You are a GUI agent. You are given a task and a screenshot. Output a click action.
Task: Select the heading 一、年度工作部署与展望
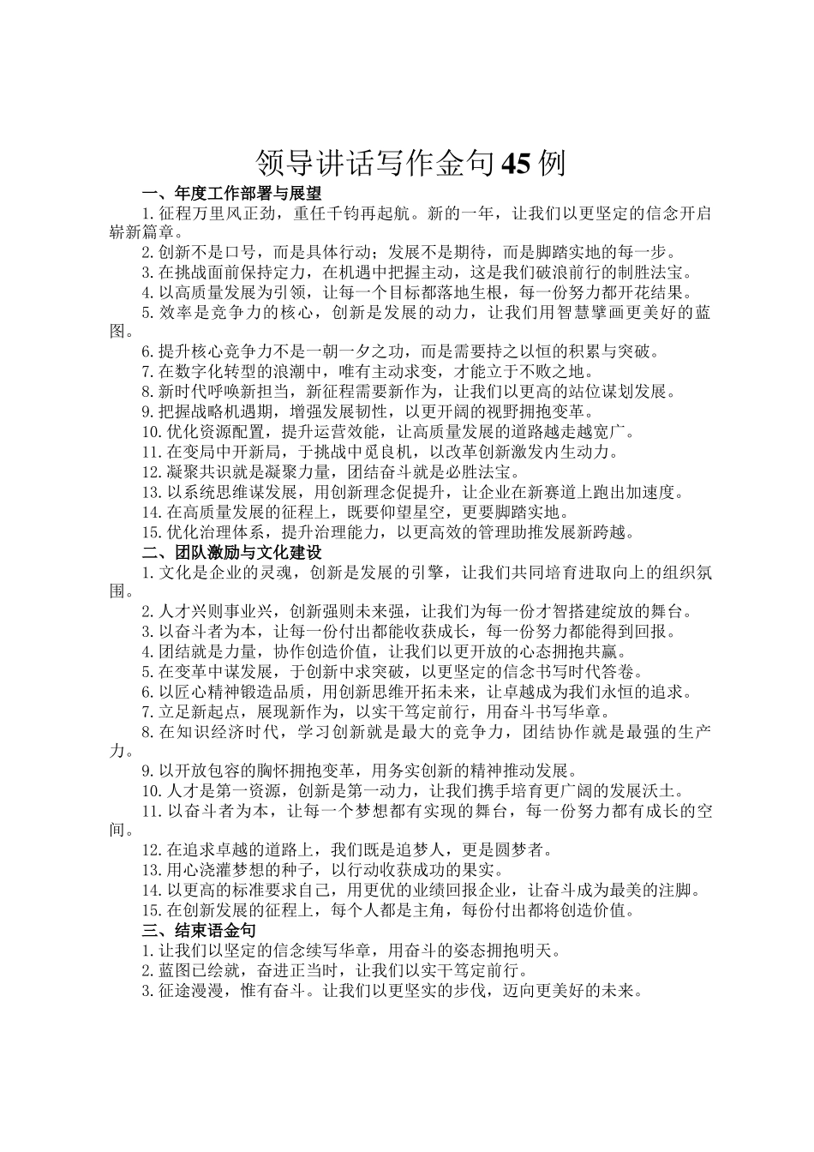[x=230, y=193]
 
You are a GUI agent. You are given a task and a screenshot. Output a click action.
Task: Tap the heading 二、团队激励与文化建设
[x=230, y=552]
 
